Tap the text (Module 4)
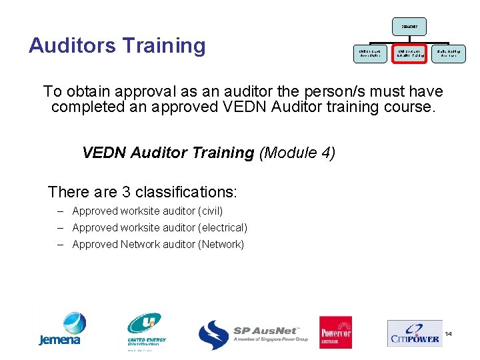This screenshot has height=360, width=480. (297, 153)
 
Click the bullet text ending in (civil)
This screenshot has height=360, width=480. (147, 211)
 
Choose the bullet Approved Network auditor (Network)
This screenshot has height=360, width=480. (158, 245)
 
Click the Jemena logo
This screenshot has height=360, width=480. (60, 329)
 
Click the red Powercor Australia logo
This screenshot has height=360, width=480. (335, 332)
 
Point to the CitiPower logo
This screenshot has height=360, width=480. (413, 333)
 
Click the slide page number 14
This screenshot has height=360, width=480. (448, 333)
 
